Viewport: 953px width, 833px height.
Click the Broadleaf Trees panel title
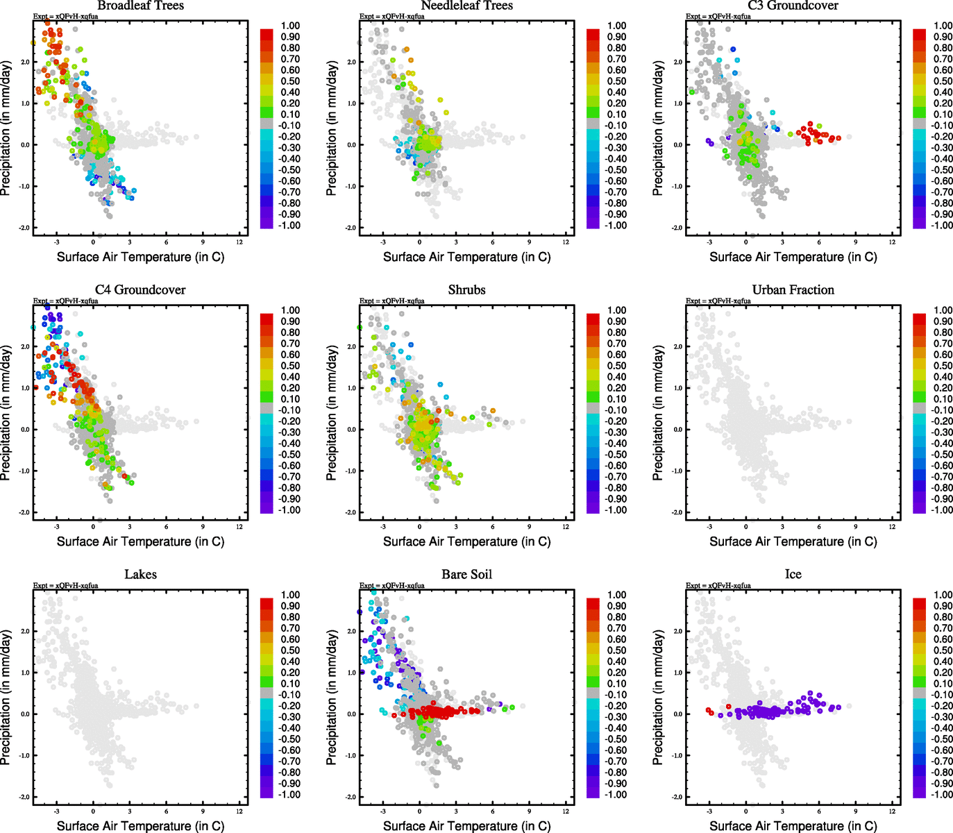click(140, 6)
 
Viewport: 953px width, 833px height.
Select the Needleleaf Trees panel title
click(466, 6)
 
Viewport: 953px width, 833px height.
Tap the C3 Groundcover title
click(793, 6)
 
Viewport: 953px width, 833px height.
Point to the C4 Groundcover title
click(140, 289)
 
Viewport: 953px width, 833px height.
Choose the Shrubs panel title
click(466, 289)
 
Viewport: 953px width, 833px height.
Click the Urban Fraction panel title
click(793, 289)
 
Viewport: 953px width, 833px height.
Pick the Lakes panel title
click(140, 574)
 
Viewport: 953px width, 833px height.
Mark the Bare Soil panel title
click(466, 574)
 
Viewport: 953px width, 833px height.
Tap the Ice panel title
click(793, 574)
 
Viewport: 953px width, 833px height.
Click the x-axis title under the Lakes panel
click(140, 825)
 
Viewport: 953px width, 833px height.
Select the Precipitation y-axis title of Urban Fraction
click(658, 414)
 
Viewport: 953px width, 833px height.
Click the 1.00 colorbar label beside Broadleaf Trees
click(290, 26)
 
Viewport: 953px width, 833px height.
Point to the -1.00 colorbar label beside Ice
click(942, 794)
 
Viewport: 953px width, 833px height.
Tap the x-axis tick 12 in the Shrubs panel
click(566, 527)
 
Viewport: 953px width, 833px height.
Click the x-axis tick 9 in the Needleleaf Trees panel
click(529, 242)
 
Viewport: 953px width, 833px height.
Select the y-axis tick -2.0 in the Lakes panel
click(24, 797)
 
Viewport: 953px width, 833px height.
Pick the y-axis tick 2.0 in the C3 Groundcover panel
click(677, 62)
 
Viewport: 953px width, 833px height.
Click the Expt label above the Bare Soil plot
click(391, 585)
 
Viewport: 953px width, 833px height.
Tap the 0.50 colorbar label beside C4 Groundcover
click(290, 366)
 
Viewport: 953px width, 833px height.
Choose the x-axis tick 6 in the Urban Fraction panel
click(819, 527)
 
